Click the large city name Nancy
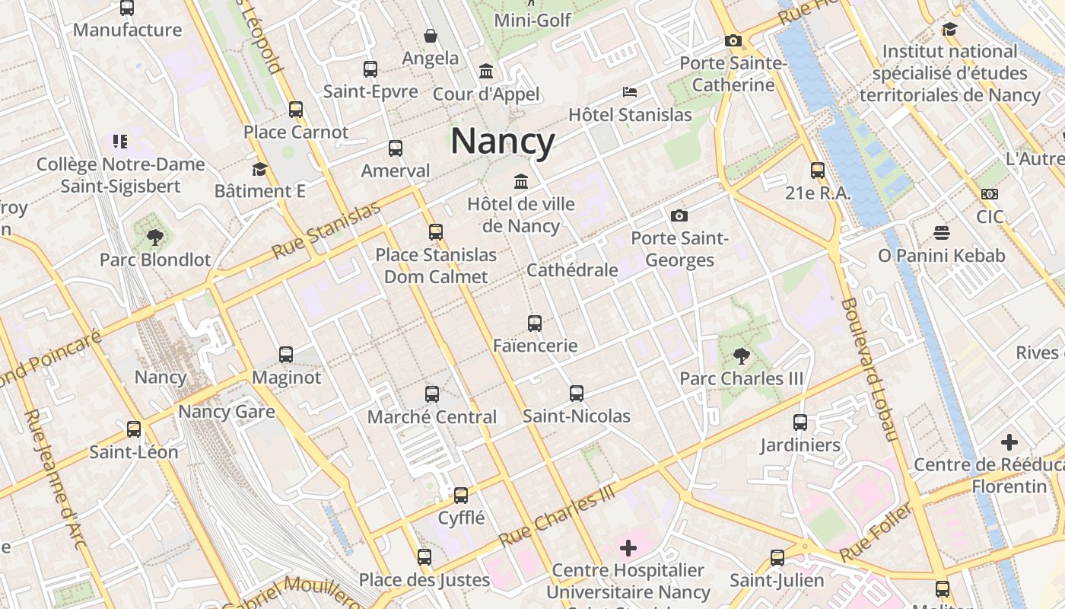pyautogui.click(x=503, y=141)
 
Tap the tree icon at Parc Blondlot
pyautogui.click(x=155, y=237)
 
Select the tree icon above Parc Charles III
pyautogui.click(x=741, y=356)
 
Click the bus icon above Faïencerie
pyautogui.click(x=535, y=324)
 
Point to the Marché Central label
pyautogui.click(x=431, y=416)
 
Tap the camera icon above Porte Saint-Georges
pyautogui.click(x=679, y=216)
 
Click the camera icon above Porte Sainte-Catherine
pyautogui.click(x=733, y=40)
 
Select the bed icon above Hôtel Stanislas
pyautogui.click(x=630, y=92)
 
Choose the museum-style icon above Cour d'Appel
pyautogui.click(x=486, y=72)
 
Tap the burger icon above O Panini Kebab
pyautogui.click(x=942, y=233)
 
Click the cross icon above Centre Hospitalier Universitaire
pyautogui.click(x=628, y=547)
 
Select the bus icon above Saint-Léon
pyautogui.click(x=134, y=429)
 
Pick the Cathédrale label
pyautogui.click(x=572, y=269)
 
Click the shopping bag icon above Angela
pyautogui.click(x=431, y=36)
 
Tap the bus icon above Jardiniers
pyautogui.click(x=800, y=422)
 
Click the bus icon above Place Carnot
pyautogui.click(x=296, y=110)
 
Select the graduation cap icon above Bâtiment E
pyautogui.click(x=259, y=169)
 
